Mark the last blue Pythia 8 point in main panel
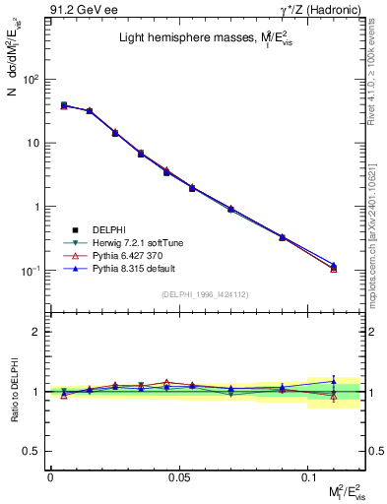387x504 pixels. (x=334, y=265)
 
